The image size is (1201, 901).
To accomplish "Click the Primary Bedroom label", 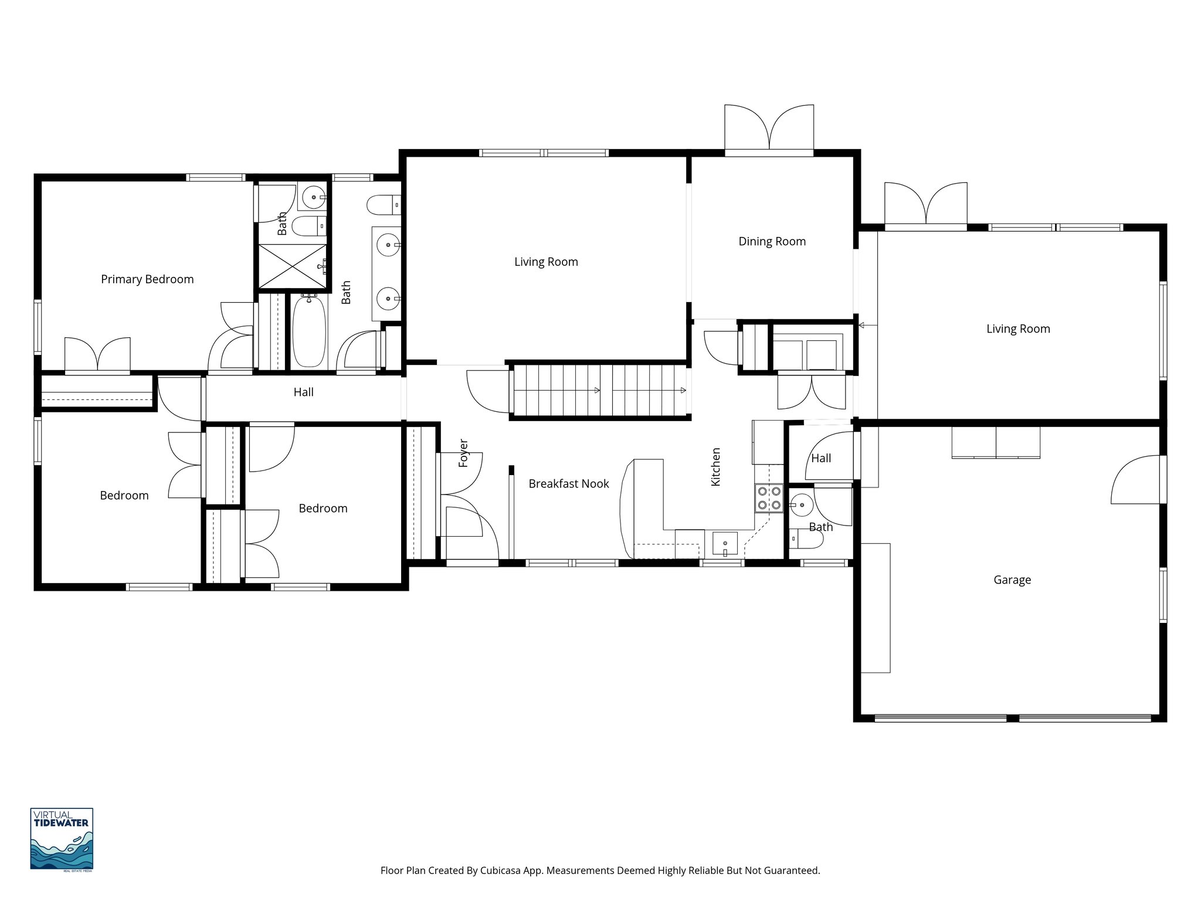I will point(147,279).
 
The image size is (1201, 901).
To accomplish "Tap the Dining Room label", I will point(772,241).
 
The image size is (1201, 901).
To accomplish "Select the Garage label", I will point(1012,580).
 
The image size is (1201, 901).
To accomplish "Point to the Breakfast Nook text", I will point(568,483).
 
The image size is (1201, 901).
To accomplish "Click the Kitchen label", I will point(715,467).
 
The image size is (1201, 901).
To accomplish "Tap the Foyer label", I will point(463,453).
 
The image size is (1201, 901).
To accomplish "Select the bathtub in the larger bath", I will point(308,332).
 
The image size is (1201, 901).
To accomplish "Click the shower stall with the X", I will point(291,266).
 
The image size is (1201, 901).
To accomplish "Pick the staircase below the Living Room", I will point(599,391).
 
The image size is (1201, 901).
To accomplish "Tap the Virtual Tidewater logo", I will point(62,838).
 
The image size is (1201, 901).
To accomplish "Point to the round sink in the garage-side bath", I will point(801,503).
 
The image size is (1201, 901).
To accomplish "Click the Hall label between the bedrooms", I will point(303,392).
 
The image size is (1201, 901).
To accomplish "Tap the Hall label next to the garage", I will point(821,458).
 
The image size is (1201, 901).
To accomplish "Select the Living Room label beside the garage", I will point(1017,328).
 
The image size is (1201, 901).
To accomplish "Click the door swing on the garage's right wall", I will point(1135,480).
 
